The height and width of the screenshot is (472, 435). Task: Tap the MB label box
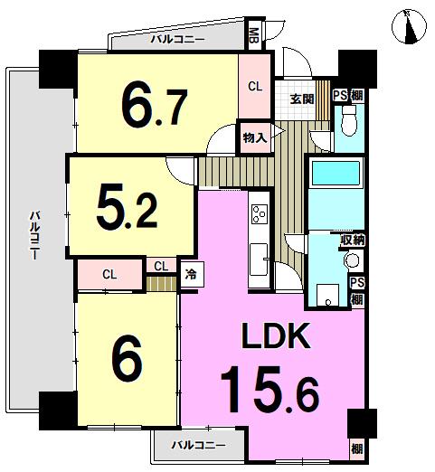[x=253, y=36]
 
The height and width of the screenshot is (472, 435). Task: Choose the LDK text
[x=276, y=338]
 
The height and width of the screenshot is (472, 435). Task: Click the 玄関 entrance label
[x=300, y=99]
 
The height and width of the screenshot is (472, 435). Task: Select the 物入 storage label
[x=253, y=137]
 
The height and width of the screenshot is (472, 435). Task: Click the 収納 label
[x=352, y=240]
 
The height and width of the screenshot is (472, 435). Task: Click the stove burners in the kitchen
[x=260, y=214]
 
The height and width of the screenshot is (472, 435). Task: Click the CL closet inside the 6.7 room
[x=255, y=87]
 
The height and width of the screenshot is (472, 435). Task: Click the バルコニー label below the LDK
[x=196, y=445]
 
